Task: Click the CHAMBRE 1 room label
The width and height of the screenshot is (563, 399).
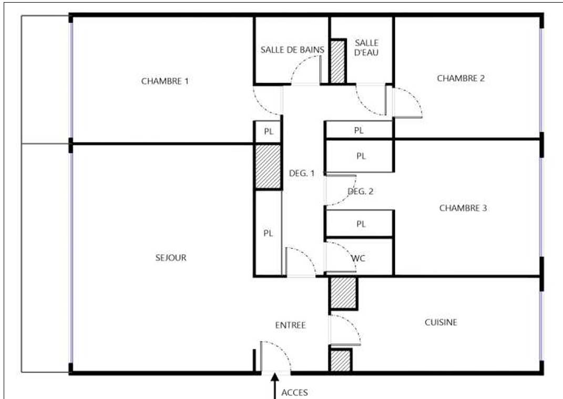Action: tap(165, 81)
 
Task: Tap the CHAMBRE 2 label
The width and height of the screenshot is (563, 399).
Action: tap(460, 78)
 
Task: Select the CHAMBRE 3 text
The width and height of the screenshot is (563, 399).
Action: tap(463, 208)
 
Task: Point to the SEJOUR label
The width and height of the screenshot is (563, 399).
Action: tap(171, 258)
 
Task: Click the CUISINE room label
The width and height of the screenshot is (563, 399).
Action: tap(441, 323)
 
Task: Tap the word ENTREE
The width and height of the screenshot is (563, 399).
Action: tap(291, 325)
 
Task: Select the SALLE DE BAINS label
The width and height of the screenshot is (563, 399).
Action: tap(292, 50)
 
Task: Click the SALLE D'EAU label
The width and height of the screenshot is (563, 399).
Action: tap(366, 47)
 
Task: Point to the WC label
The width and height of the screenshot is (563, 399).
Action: tap(359, 258)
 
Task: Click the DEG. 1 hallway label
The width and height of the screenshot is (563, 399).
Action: tap(302, 173)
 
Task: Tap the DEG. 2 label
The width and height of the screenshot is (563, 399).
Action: tap(361, 192)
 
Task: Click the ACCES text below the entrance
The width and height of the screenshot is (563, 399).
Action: tap(294, 393)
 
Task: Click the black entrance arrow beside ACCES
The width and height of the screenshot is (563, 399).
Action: tap(275, 386)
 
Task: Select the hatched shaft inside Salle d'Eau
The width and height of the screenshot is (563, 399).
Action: tap(337, 62)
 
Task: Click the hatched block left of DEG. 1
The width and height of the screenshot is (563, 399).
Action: tap(268, 166)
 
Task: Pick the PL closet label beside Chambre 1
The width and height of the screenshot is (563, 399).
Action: tap(269, 132)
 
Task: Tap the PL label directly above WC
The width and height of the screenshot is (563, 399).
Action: tap(361, 224)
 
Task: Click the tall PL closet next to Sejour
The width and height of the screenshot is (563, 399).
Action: tap(268, 233)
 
